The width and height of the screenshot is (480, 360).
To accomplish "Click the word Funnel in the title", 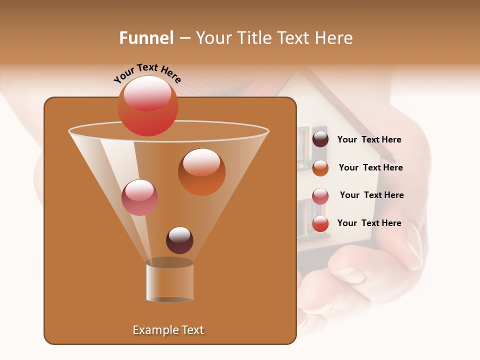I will pos(146,38).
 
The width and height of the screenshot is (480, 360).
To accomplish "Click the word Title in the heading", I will pos(254,38).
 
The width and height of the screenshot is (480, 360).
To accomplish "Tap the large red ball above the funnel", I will pos(148,105).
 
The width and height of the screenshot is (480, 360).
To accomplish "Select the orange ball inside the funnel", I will pos(201,172).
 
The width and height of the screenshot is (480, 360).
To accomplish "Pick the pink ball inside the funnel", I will pos(139,197).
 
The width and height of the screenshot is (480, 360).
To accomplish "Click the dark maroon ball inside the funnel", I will pos(179,240).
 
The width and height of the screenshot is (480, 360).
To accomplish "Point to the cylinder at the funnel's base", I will pos(170,281).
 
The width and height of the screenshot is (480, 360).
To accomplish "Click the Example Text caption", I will pos(168,330).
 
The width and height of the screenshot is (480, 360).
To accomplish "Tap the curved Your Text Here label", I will pos(147,72).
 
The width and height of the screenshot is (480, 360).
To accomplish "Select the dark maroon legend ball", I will pos(320,139).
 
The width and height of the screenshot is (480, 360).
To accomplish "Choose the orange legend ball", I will pos(320,167).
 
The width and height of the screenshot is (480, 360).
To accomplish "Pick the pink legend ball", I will pos(320,195).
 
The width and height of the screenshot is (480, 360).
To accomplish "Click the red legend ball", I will pos(320,223).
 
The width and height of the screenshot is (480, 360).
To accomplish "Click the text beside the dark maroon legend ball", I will pos(369,139).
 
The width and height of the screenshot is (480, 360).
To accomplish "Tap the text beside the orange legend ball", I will pos(370,167).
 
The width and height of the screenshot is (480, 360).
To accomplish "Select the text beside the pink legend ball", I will pos(371,195).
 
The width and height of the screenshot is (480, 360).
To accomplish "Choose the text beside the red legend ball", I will pos(369,223).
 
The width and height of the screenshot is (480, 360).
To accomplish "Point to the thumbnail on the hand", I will pos(414,245).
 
